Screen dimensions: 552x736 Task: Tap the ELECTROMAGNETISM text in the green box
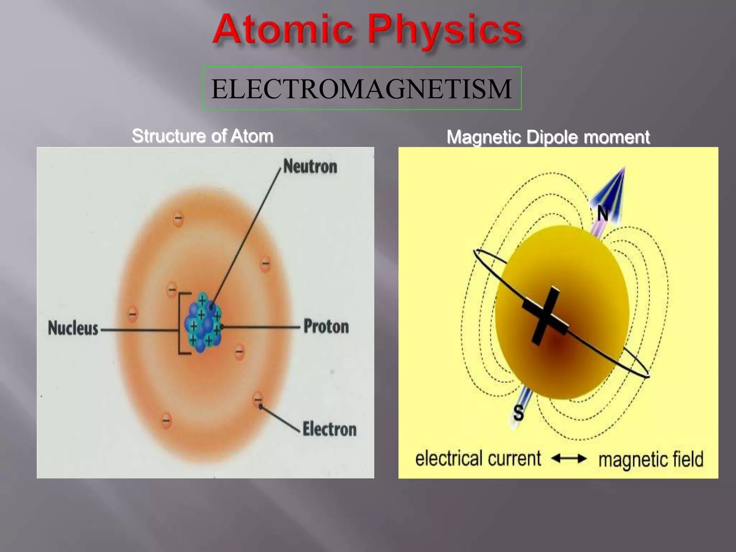point(362,88)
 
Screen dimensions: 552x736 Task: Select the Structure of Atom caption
point(202,136)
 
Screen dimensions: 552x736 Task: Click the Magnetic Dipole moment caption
point(548,137)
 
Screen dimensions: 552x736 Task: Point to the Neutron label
point(310,167)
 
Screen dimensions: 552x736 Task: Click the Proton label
point(326,327)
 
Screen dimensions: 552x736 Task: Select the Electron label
point(329,429)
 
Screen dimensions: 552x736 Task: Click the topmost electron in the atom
point(178,218)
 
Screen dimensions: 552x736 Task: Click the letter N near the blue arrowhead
point(603,214)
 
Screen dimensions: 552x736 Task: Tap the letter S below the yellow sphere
point(518,413)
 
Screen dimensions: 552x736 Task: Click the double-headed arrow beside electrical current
point(569,459)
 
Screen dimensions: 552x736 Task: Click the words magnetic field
point(650,460)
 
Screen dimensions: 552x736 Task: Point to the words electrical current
point(478,459)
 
